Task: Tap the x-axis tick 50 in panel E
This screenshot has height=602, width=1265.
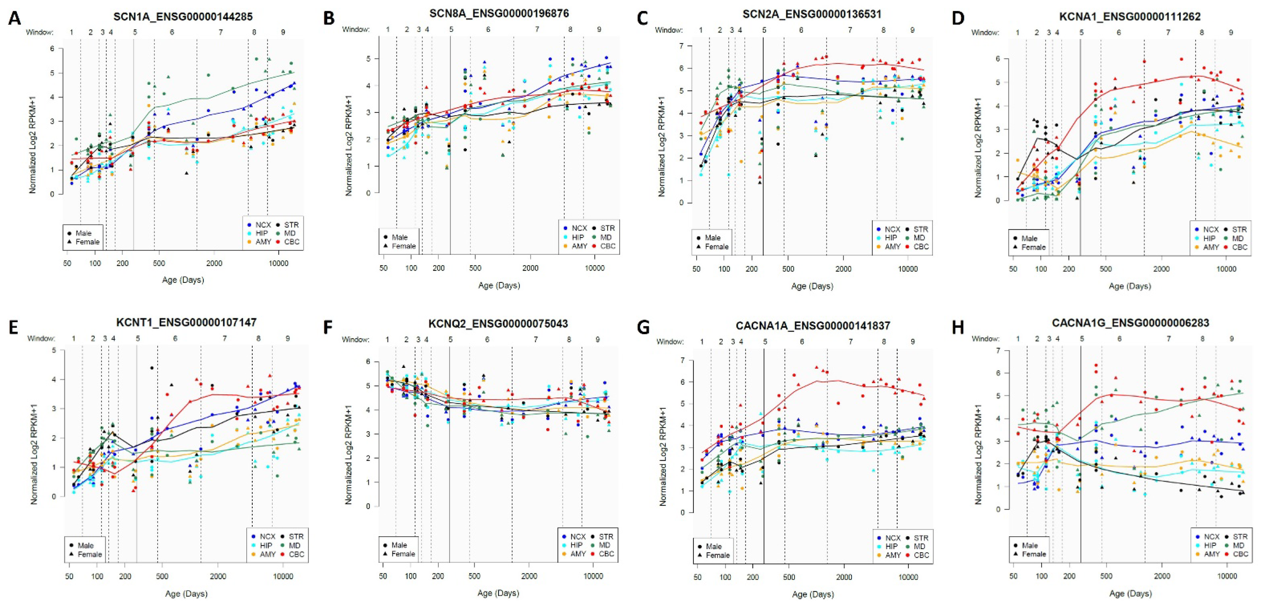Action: [69, 576]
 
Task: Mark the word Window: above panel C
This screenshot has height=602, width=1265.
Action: [669, 30]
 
